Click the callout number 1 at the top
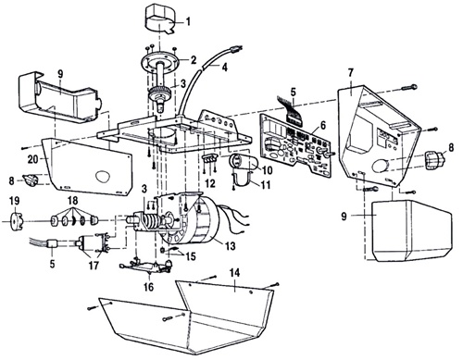click(x=189, y=20)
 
